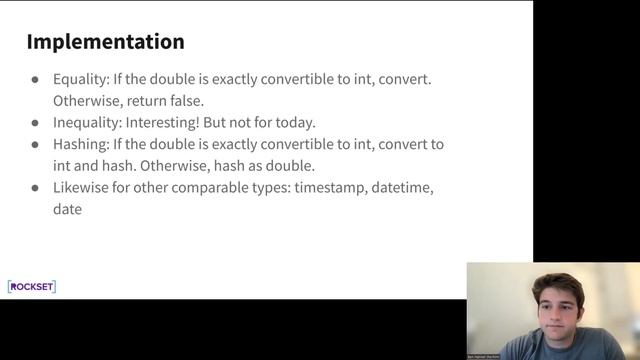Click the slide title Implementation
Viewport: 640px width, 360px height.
pos(105,42)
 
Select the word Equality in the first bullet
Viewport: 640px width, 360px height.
pos(80,79)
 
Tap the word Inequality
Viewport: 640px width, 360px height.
pos(86,122)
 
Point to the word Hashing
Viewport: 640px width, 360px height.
pos(80,144)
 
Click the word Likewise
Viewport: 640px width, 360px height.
pos(80,188)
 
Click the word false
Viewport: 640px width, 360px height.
pos(187,101)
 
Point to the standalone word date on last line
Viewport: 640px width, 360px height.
pos(67,209)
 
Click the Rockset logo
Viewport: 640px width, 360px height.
pos(32,287)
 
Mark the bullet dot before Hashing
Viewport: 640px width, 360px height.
pos(35,145)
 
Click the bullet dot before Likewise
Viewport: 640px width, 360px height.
pos(35,188)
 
